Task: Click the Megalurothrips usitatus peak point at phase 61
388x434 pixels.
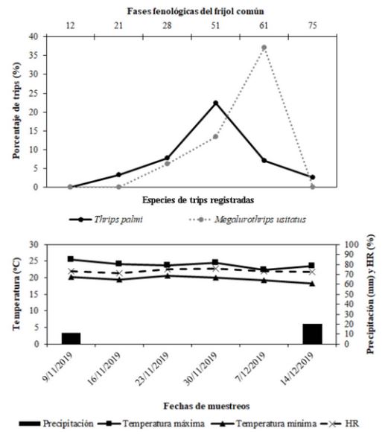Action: [x=264, y=48]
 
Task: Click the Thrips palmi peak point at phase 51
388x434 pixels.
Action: [x=215, y=103]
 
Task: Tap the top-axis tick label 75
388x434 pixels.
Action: [x=311, y=26]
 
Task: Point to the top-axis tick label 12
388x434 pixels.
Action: [x=71, y=26]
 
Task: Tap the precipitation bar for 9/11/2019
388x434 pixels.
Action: [x=71, y=338]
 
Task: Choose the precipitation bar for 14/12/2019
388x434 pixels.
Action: [x=312, y=334]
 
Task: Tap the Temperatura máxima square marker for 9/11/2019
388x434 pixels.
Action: [x=71, y=259]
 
